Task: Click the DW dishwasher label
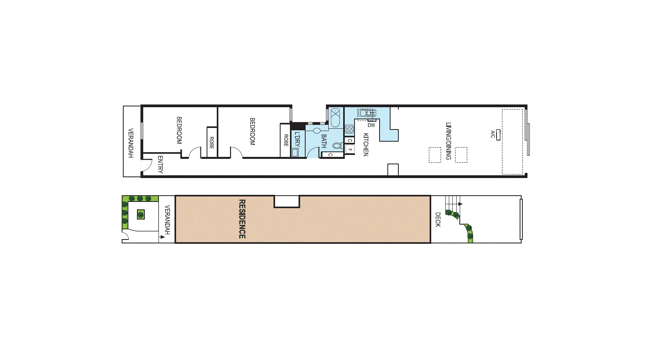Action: tap(371, 125)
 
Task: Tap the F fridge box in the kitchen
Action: tap(349, 149)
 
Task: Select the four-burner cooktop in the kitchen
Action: tap(349, 129)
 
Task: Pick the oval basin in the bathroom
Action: tap(317, 130)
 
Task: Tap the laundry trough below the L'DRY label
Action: tap(295, 153)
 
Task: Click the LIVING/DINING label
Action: tap(448, 141)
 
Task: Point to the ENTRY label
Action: tap(160, 164)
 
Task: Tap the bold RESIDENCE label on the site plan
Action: tap(242, 219)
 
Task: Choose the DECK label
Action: tap(438, 220)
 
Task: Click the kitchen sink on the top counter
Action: tap(367, 113)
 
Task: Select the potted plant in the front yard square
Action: tap(140, 214)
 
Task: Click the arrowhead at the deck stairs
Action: tap(461, 204)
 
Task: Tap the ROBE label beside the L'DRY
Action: tap(286, 140)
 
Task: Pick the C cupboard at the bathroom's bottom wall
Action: tap(330, 155)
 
